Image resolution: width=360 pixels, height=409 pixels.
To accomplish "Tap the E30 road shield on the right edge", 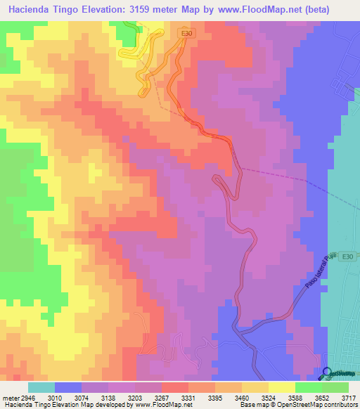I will [x=347, y=257].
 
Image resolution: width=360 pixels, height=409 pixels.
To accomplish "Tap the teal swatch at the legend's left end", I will [x=41, y=387].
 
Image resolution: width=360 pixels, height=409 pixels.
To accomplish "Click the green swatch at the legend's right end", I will [x=335, y=387].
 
